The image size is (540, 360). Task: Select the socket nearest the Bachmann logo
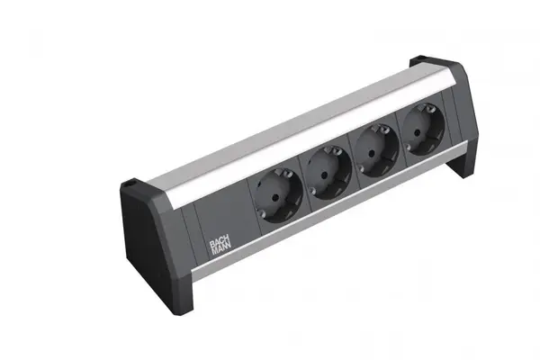(x=278, y=195)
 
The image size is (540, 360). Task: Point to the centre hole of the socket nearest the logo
(x=274, y=198)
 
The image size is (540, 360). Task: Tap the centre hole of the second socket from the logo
(x=324, y=175)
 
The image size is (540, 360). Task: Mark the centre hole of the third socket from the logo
(x=372, y=153)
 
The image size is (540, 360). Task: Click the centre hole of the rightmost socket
(x=418, y=131)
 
